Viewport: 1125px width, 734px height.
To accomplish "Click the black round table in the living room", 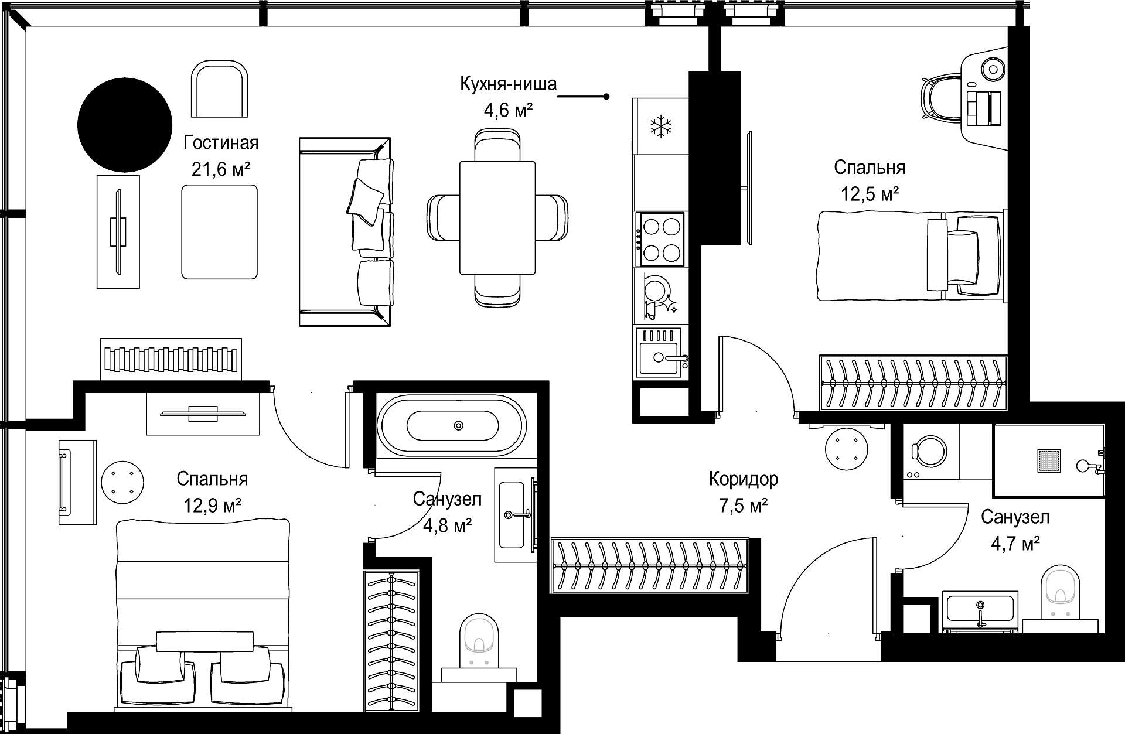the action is tap(125, 124).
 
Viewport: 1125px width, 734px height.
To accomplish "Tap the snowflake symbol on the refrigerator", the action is tap(661, 126).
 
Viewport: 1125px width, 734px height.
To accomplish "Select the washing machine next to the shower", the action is tap(929, 452).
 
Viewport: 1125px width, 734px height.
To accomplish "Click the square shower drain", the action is tap(1049, 461).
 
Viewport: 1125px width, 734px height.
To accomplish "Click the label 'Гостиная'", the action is tap(221, 143).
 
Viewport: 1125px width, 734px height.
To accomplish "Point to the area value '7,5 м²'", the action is tap(744, 506).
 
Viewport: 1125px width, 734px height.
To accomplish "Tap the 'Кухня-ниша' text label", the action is tap(508, 84).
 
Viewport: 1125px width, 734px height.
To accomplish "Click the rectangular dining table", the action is tap(497, 217).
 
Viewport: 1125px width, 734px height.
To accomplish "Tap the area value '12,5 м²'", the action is tap(870, 194).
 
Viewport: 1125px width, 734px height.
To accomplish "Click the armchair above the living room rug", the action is tap(219, 91).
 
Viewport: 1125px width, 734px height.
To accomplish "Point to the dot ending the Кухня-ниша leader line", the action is tap(606, 97).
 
